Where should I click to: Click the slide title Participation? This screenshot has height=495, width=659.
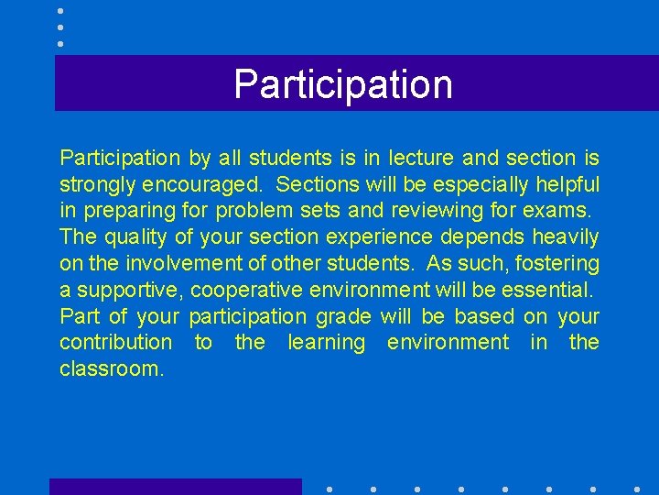click(343, 84)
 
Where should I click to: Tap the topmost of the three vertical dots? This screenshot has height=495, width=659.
click(59, 11)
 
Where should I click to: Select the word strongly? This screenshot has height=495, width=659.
click(98, 184)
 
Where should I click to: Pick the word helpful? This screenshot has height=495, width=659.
click(567, 184)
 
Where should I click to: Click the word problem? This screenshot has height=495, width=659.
click(254, 211)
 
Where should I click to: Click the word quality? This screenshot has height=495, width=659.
click(135, 237)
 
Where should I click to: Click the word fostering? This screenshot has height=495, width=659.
click(559, 264)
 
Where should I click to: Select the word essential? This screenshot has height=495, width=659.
click(550, 291)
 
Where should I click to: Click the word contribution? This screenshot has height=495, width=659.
click(115, 343)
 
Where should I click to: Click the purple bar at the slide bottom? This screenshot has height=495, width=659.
click(175, 487)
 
